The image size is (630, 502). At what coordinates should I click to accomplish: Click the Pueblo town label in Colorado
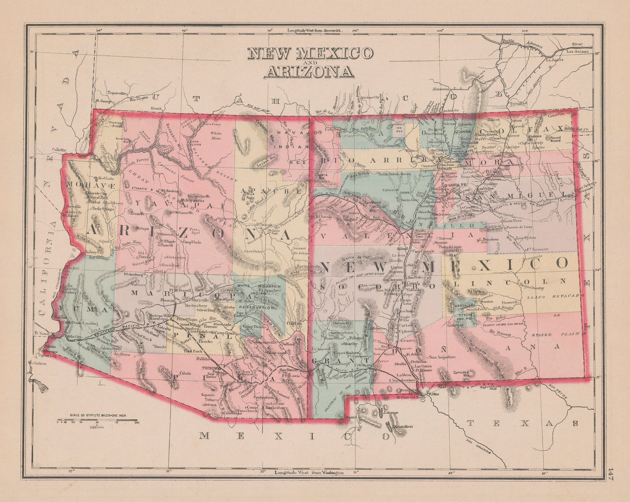[x=508, y=41]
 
